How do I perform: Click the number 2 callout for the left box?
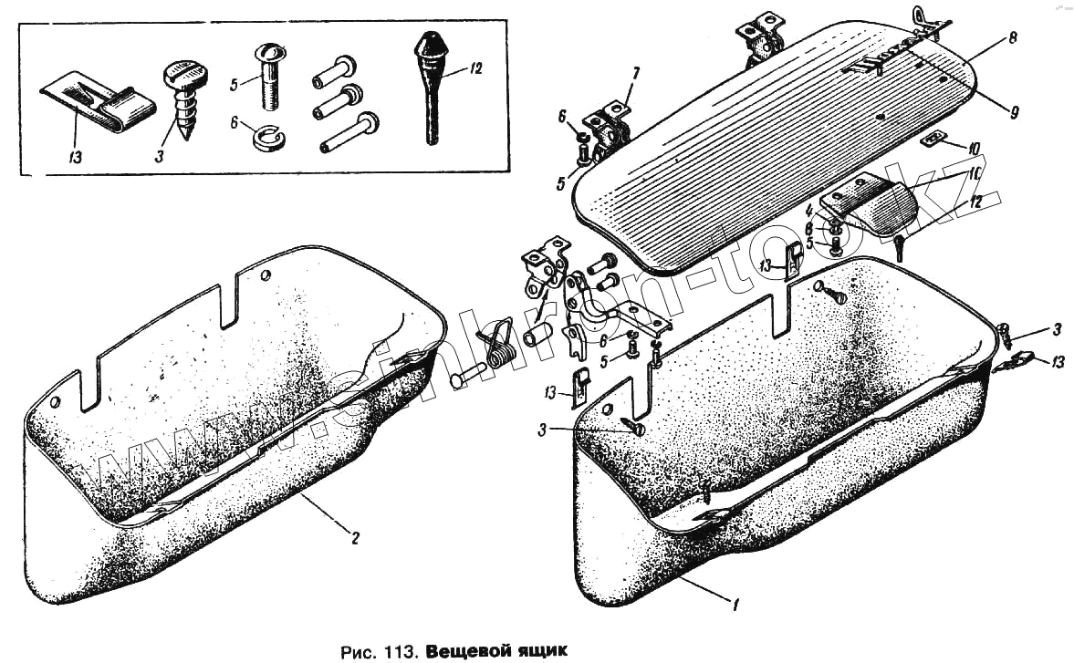click(x=356, y=537)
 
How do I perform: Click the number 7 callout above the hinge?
click(x=636, y=72)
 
